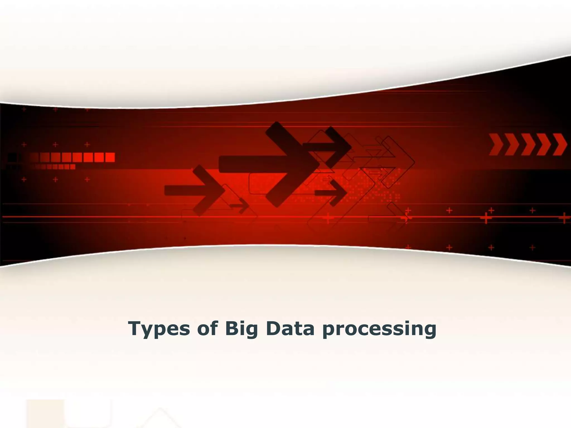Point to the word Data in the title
click(x=290, y=328)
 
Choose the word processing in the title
click(x=379, y=329)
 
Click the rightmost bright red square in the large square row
click(x=110, y=157)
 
